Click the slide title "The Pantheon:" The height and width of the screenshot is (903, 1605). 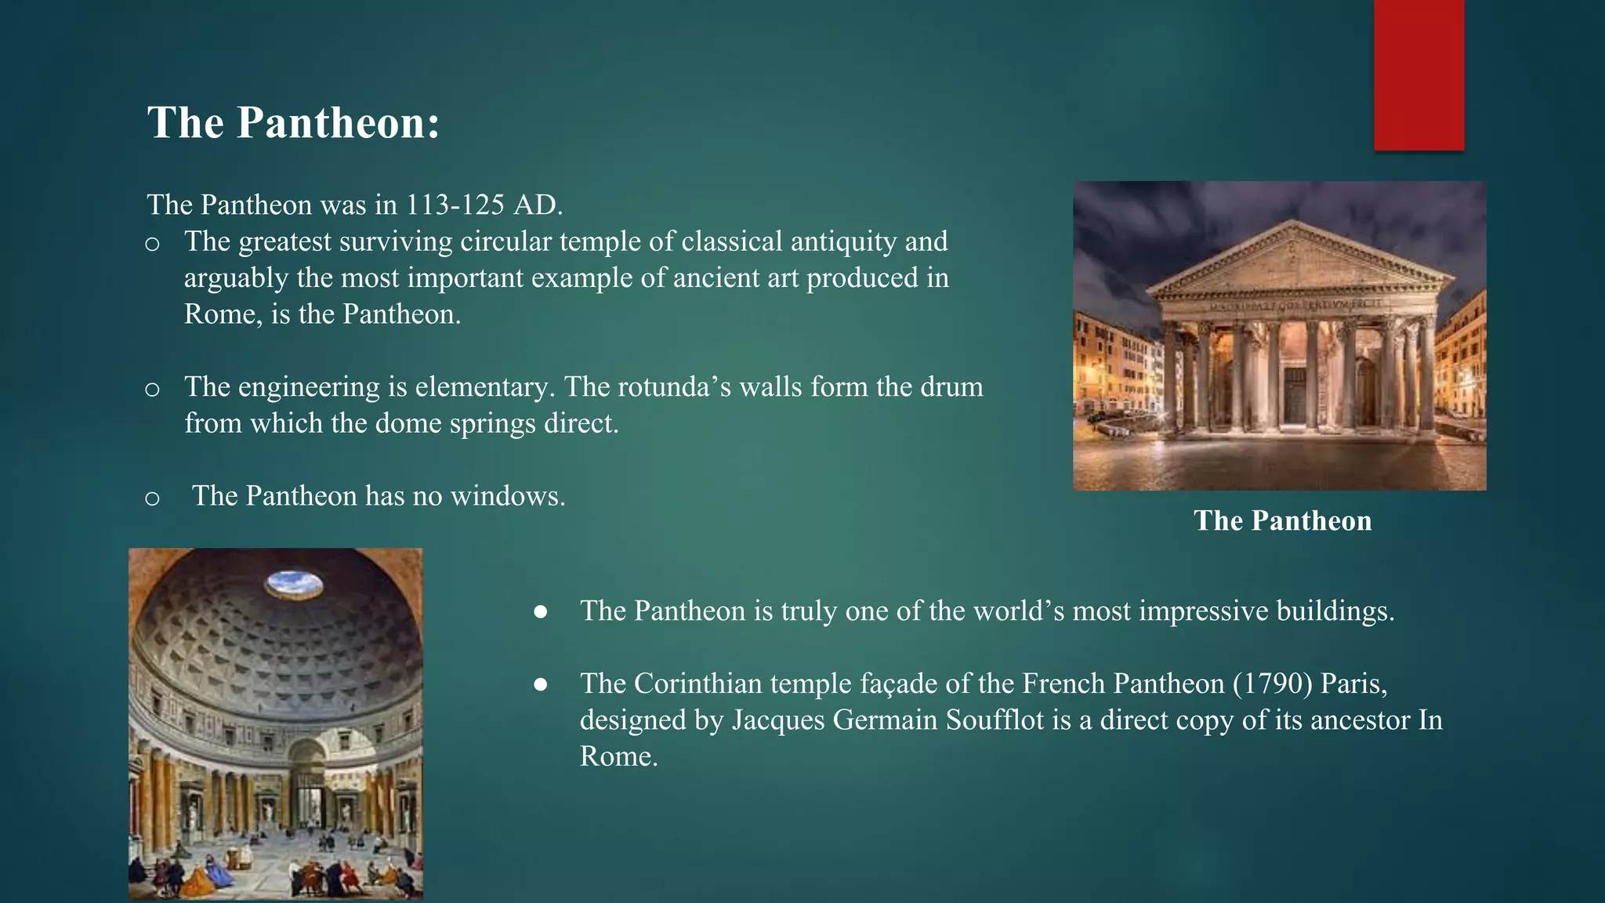294,123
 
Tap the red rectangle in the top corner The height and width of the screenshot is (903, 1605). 1418,74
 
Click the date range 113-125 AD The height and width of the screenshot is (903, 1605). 484,205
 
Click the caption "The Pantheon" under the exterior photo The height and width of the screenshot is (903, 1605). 1282,520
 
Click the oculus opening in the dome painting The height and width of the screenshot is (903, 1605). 294,583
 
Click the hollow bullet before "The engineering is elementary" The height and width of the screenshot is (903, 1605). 153,390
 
